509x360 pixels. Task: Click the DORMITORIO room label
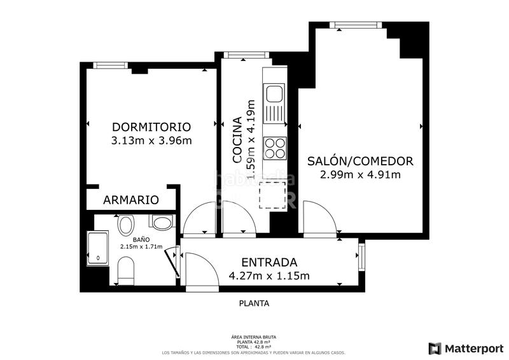tap(151, 126)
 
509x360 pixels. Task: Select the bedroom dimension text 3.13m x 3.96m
tap(151, 141)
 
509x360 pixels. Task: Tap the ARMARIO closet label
tap(130, 200)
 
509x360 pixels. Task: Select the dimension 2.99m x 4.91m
tap(360, 174)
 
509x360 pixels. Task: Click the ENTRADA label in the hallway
tap(269, 262)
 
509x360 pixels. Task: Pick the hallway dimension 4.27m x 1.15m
tap(269, 276)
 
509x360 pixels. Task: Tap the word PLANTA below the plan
tap(254, 303)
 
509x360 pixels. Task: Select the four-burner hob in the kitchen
tap(275, 148)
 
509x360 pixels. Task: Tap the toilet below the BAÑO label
tap(126, 272)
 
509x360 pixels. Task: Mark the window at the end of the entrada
tap(361, 256)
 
